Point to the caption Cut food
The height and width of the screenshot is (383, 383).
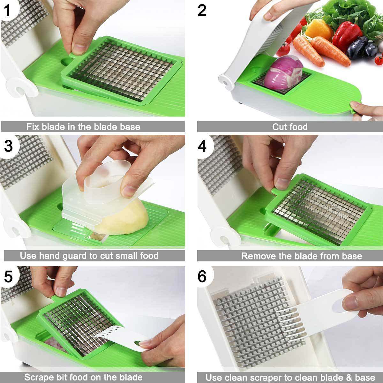coord(290,127)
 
